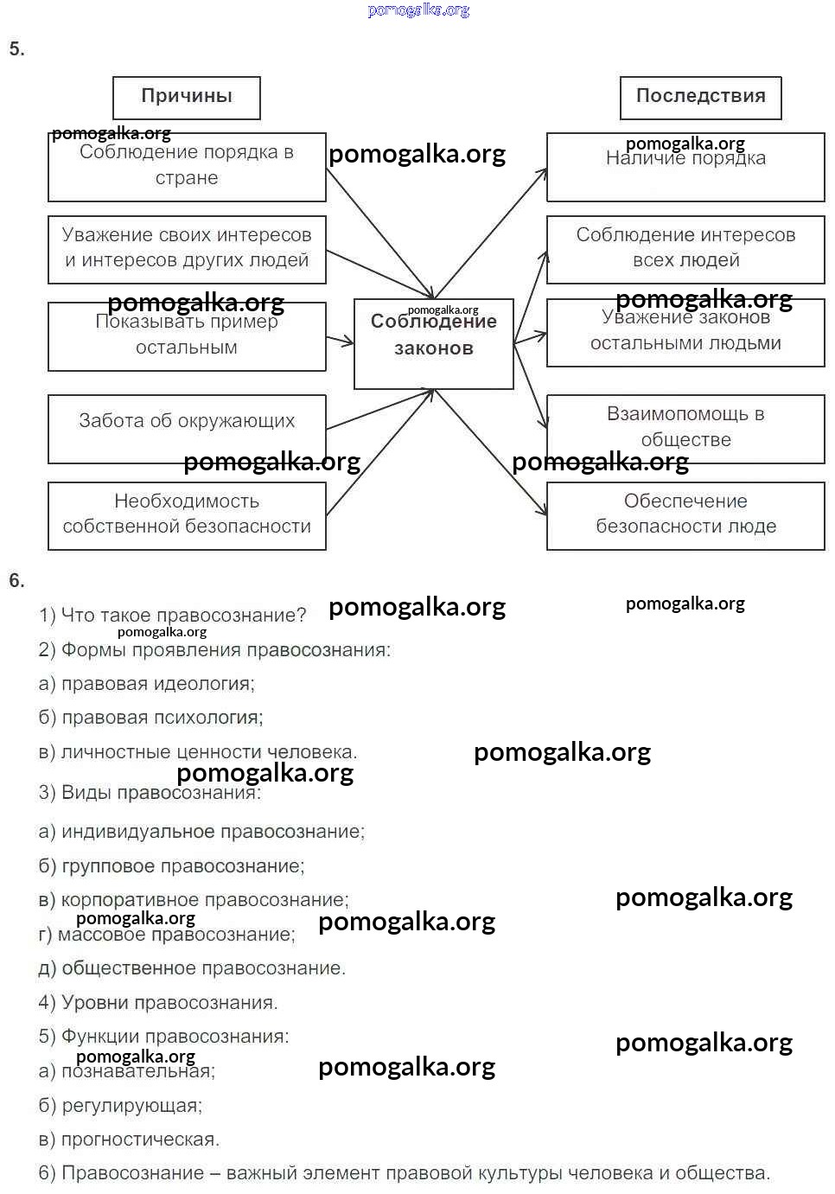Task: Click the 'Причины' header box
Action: click(186, 98)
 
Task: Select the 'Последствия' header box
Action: click(700, 98)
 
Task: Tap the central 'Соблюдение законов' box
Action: click(433, 343)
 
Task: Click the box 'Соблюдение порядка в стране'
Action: click(187, 167)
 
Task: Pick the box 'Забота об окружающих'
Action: click(187, 429)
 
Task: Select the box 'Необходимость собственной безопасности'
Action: click(187, 515)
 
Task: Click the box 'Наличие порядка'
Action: click(685, 167)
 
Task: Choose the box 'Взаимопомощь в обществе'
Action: click(685, 429)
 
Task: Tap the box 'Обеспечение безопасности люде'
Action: click(685, 515)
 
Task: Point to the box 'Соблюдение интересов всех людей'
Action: click(685, 249)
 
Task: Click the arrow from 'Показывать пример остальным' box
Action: click(340, 340)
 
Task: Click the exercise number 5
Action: click(16, 49)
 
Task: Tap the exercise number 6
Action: click(16, 580)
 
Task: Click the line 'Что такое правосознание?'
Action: click(173, 615)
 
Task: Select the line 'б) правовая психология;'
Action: click(151, 718)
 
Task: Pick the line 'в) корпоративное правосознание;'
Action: click(194, 900)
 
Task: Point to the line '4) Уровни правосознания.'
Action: click(158, 1003)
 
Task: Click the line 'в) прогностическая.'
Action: click(130, 1140)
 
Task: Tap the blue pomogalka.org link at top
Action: click(418, 10)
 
